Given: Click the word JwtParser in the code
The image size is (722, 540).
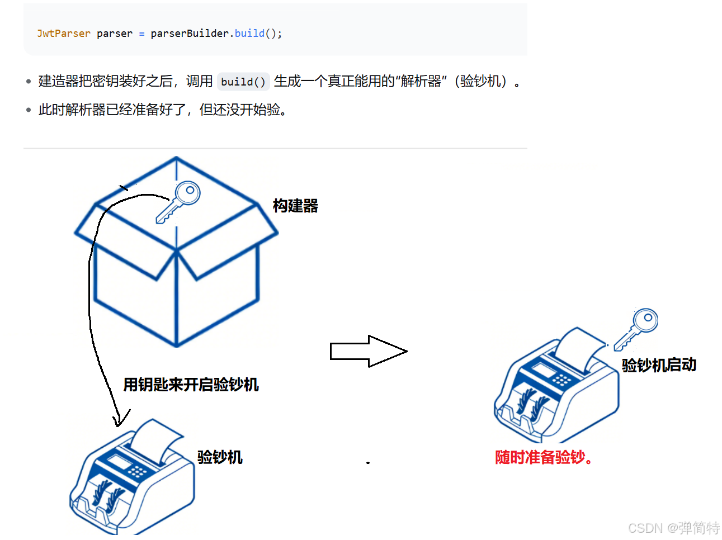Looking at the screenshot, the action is click(x=63, y=34).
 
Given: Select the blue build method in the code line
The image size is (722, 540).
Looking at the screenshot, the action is click(x=249, y=34).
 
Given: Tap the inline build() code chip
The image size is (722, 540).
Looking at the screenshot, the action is click(x=243, y=82).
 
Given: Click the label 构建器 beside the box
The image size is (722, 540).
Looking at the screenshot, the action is click(x=295, y=206).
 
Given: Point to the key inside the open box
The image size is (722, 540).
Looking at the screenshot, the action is click(x=178, y=202).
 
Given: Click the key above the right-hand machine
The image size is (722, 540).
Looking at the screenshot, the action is click(x=636, y=329).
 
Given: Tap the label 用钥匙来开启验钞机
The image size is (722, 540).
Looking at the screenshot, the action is click(x=191, y=385).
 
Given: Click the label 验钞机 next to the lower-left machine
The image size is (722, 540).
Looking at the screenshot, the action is click(x=220, y=457).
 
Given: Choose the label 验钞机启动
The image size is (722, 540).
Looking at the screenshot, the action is click(x=659, y=365).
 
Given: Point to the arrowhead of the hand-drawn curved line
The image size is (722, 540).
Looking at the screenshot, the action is click(x=119, y=420).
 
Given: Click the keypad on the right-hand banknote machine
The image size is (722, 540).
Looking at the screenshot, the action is click(x=561, y=380).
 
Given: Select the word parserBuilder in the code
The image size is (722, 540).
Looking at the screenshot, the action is click(x=190, y=34).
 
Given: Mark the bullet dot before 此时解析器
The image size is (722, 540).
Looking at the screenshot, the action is click(x=29, y=110).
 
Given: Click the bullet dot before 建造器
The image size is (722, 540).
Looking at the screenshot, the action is click(x=29, y=82).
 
